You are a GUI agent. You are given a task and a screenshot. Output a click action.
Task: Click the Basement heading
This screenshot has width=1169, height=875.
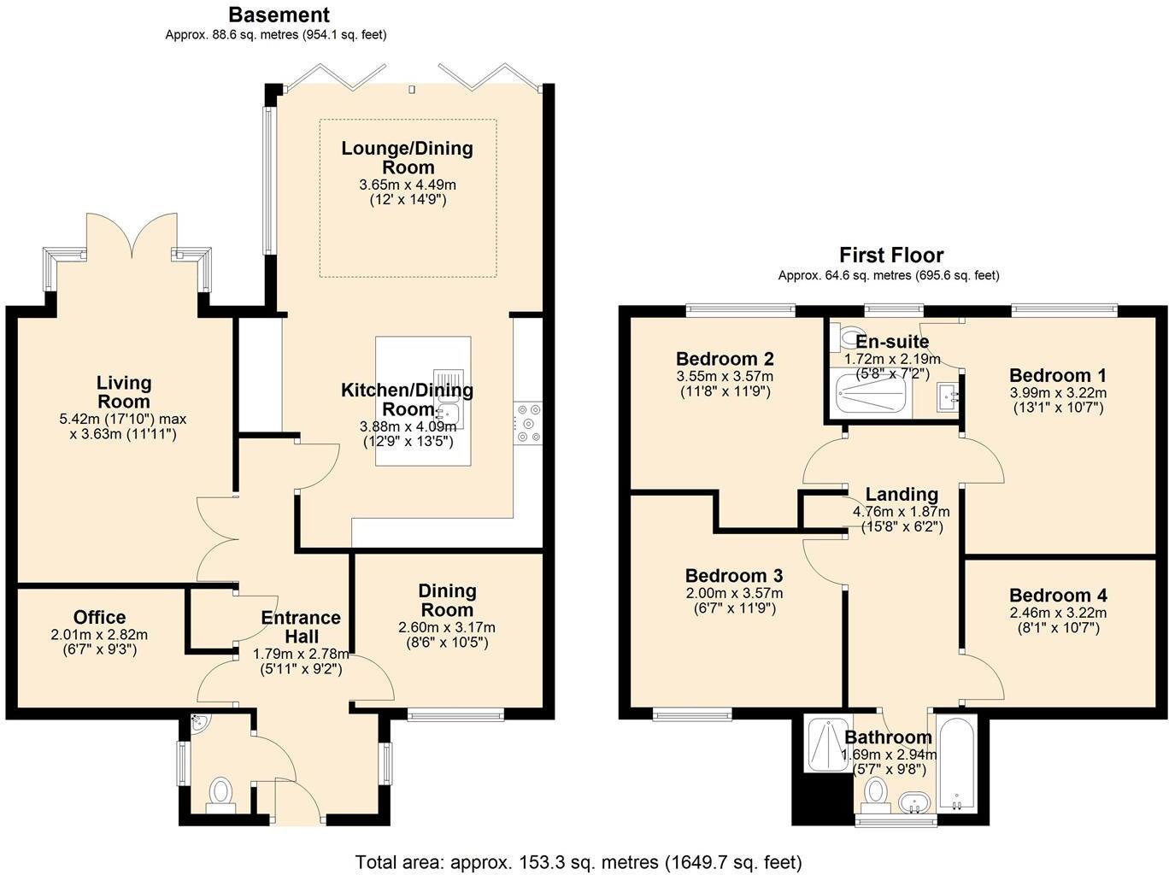pyautogui.click(x=279, y=15)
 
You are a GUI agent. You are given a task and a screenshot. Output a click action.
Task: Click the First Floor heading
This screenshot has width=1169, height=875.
pyautogui.click(x=891, y=255)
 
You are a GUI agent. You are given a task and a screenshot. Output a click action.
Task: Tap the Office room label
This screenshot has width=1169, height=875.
pyautogui.click(x=100, y=617)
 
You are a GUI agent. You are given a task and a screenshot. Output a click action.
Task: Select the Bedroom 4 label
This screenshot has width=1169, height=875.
pyautogui.click(x=1058, y=595)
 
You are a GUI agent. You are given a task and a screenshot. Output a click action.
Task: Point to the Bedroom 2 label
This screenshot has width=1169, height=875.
pyautogui.click(x=725, y=358)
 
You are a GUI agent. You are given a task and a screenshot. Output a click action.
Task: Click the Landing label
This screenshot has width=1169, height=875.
pyautogui.click(x=902, y=494)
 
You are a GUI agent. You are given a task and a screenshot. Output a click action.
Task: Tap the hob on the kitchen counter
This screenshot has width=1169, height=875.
pyautogui.click(x=528, y=423)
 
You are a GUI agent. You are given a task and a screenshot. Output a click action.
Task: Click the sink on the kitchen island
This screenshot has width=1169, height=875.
pyautogui.click(x=449, y=398)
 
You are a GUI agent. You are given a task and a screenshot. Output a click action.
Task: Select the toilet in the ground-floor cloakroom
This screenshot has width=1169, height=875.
pyautogui.click(x=220, y=795)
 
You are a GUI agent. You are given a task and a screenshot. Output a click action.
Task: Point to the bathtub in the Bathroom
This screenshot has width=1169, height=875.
pyautogui.click(x=956, y=763)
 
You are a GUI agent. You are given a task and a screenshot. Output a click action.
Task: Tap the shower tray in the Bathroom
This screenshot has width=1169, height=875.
pyautogui.click(x=827, y=744)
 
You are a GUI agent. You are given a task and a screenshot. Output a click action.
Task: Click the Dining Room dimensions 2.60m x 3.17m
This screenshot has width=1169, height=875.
pyautogui.click(x=447, y=627)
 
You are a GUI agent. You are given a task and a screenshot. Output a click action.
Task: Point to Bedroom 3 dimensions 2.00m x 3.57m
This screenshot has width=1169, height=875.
pyautogui.click(x=734, y=593)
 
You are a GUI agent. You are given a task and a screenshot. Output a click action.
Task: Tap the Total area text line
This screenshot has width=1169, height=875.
pyautogui.click(x=579, y=861)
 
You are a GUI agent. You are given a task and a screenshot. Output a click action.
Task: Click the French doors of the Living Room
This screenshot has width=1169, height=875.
pyautogui.click(x=132, y=234)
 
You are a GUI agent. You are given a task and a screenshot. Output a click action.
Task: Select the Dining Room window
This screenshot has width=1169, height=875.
pyautogui.click(x=455, y=714)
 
